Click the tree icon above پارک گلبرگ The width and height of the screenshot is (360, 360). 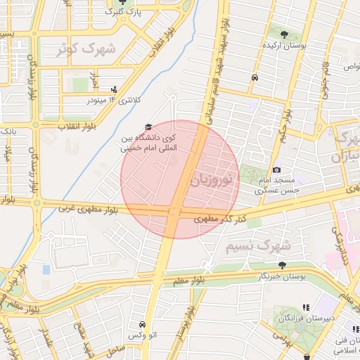pyautogui.click(x=125, y=2)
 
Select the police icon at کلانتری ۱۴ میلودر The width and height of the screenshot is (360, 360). pyautogui.click(x=114, y=89)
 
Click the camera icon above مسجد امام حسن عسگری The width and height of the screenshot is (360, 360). pyautogui.click(x=276, y=170)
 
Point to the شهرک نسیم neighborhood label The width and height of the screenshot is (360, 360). pyautogui.click(x=259, y=247)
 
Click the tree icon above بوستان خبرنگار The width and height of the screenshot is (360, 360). pyautogui.click(x=282, y=265)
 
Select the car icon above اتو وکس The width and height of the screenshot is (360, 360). pyautogui.click(x=143, y=324)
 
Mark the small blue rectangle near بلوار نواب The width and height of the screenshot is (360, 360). pyautogui.click(x=46, y=269)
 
